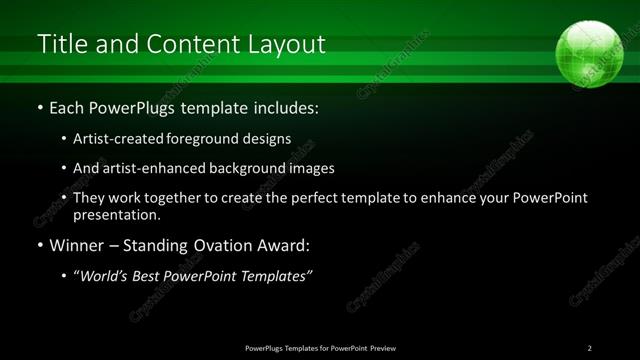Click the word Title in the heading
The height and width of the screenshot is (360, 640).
click(x=61, y=45)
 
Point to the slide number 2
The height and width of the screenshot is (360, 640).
click(x=590, y=348)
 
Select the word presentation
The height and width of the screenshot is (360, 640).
click(x=115, y=214)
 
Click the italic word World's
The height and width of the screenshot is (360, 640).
click(x=105, y=276)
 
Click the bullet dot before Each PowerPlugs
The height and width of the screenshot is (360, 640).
click(x=39, y=106)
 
